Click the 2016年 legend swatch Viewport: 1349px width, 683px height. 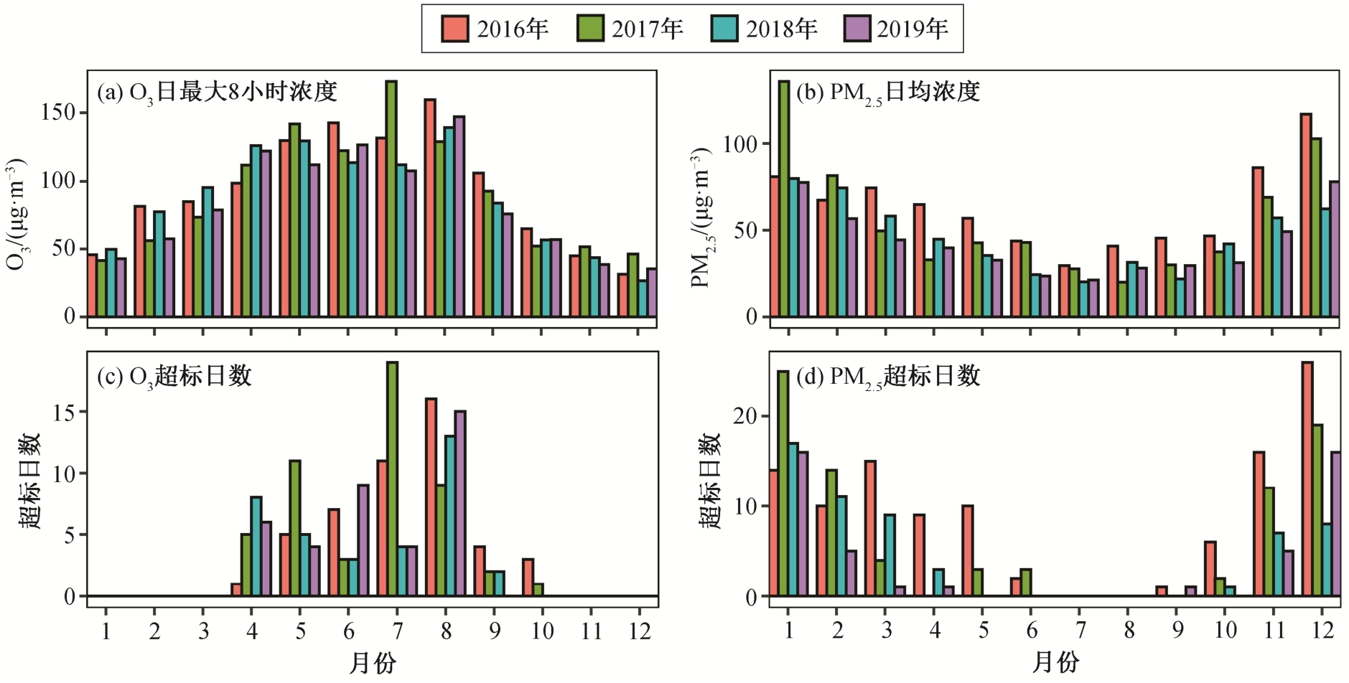[x=454, y=29]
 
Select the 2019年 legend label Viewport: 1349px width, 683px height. [x=912, y=29]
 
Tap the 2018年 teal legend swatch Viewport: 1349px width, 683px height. [x=724, y=29]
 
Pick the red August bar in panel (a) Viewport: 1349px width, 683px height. [x=430, y=208]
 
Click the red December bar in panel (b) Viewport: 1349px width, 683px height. [x=1306, y=215]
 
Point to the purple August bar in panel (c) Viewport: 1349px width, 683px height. [x=460, y=503]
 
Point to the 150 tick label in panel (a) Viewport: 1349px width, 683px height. [x=58, y=113]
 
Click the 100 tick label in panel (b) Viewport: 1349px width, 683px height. [x=740, y=143]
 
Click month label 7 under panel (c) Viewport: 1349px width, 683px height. [x=397, y=631]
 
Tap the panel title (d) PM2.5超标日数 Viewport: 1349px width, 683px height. [x=888, y=377]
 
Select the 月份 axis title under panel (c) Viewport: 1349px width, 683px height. [x=372, y=663]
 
